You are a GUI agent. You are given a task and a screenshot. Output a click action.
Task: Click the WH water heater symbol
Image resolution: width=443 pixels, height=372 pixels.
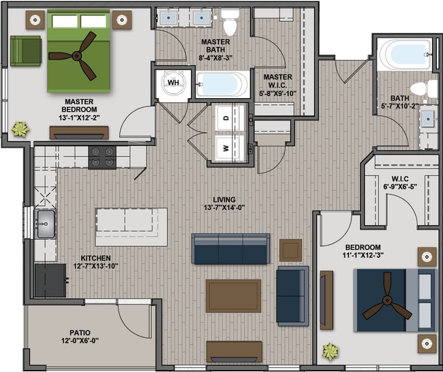[174, 82]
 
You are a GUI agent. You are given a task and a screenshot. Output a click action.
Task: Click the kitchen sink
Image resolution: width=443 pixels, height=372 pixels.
[45, 224]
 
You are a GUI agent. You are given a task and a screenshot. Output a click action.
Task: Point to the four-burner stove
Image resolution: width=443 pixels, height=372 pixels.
[102, 157]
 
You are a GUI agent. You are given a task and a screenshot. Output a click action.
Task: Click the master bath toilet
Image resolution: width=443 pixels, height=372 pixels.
[230, 22]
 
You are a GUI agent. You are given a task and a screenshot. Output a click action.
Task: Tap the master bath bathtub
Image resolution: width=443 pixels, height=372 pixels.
[222, 84]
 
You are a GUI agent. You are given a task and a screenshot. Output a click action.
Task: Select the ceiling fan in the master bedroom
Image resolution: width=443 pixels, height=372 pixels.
[77, 56]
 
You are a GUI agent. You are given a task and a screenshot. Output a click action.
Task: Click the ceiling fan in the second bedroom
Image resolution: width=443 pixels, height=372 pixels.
[387, 300]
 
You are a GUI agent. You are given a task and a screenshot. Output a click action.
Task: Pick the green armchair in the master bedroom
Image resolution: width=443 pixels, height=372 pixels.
[26, 51]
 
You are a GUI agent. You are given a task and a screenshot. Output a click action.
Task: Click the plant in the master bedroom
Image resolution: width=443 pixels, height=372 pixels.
[20, 129]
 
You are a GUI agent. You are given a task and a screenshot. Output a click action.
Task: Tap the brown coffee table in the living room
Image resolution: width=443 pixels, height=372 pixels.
[233, 296]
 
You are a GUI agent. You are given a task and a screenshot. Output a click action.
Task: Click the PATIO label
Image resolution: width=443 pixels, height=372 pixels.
[80, 332]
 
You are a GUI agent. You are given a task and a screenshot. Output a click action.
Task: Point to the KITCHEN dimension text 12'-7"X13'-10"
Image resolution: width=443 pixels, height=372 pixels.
[96, 266]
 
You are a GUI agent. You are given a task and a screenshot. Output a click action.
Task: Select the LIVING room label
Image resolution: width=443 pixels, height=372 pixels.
[224, 200]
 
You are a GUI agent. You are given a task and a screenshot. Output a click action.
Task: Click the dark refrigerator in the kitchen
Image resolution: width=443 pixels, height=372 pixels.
[50, 280]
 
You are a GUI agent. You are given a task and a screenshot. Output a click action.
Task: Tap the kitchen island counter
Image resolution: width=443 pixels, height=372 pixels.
[131, 228]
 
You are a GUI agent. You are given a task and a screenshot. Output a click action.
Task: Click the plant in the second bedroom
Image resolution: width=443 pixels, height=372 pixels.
[330, 352]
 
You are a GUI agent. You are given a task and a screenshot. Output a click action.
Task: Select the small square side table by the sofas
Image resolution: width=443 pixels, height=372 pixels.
[291, 250]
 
